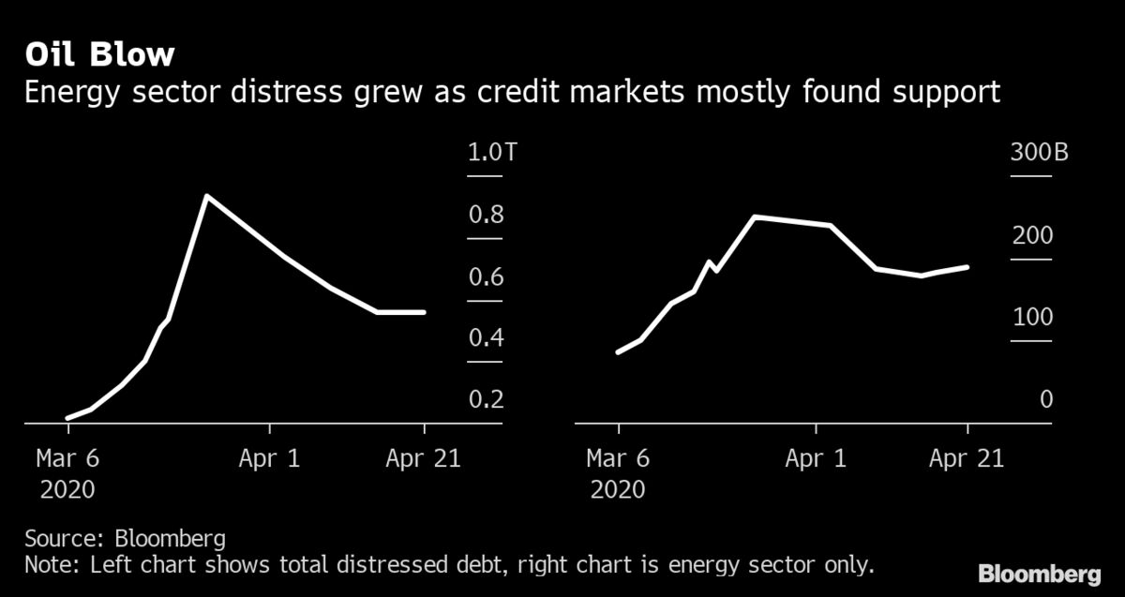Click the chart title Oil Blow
coord(99,54)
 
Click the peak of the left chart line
coord(206,197)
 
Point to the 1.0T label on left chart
coord(492,154)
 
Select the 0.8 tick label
coord(486,216)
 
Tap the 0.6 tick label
coord(486,277)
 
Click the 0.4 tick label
coord(486,338)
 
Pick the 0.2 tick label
coord(486,400)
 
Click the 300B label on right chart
coord(1039,154)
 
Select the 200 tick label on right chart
coord(1032,236)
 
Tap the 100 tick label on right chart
coord(1032,318)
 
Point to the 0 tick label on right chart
coord(1046,400)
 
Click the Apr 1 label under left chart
coord(270,458)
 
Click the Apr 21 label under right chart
coord(967,458)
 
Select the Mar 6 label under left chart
coord(67,458)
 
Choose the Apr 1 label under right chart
coord(817,458)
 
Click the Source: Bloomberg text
coord(125,539)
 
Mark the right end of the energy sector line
coord(967,267)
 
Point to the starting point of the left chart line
coord(67,418)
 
